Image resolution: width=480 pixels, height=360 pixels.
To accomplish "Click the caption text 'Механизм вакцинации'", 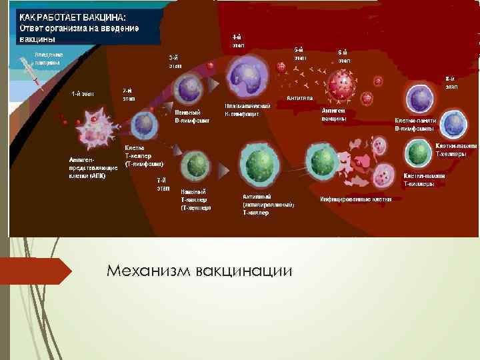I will pyautogui.click(x=200, y=271).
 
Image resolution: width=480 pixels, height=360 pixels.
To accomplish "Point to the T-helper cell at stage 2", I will pyautogui.click(x=143, y=124).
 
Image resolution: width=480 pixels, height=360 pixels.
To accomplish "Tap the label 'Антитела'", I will pyautogui.click(x=299, y=98).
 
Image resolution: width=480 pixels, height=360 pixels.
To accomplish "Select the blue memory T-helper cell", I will pyautogui.click(x=455, y=124).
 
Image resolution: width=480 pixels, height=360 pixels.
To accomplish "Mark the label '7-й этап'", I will pyautogui.click(x=163, y=184).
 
